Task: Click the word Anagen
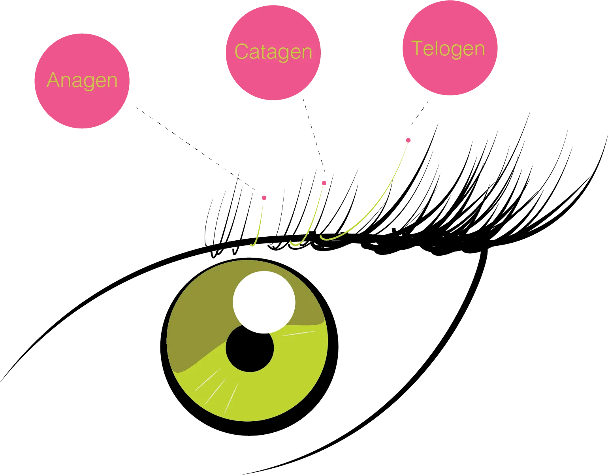tap(82, 81)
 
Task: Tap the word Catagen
tap(273, 52)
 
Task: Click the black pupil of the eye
tap(250, 349)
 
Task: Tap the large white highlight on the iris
tap(264, 302)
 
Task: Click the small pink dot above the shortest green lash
tap(264, 198)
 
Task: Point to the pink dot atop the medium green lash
tap(324, 183)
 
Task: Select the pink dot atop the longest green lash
tap(408, 140)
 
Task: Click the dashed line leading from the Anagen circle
tap(195, 149)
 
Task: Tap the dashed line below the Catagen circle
tap(314, 135)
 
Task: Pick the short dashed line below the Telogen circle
tap(420, 113)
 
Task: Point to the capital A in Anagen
tap(53, 80)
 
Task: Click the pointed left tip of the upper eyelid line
tap(1, 381)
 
